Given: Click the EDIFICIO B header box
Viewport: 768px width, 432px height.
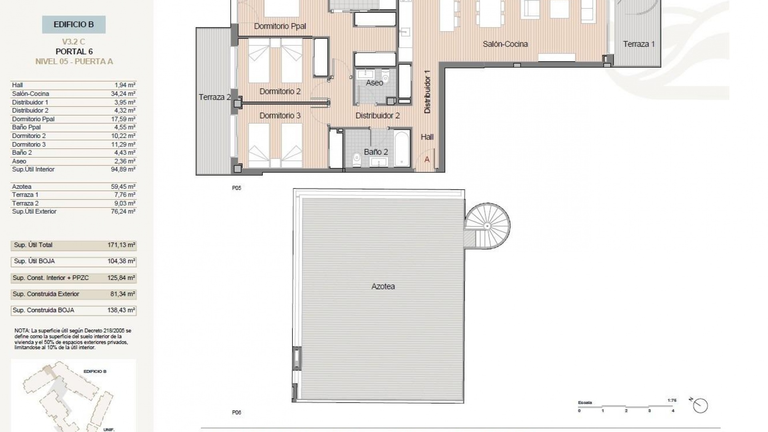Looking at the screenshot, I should tap(74, 24).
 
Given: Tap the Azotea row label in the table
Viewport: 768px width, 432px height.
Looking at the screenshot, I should tap(22, 186).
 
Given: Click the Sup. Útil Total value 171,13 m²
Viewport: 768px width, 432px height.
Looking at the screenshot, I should tap(121, 245).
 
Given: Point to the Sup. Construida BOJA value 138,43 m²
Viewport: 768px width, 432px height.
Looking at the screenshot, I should tap(121, 310).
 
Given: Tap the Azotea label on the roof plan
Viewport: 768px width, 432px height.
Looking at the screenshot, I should tap(383, 286).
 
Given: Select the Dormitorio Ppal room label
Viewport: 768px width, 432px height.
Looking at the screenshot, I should tap(280, 26).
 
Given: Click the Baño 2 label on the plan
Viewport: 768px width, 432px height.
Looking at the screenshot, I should tap(376, 152).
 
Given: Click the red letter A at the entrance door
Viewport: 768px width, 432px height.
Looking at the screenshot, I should tap(427, 160).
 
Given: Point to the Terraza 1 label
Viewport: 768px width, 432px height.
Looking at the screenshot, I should tap(639, 44).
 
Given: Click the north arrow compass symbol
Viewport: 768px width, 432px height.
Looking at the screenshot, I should tap(701, 406).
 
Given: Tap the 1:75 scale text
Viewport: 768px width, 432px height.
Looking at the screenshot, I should tap(672, 400).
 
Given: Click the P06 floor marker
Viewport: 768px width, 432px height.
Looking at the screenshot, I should tap(236, 412).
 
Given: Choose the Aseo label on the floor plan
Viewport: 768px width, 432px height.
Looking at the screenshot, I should tap(374, 83).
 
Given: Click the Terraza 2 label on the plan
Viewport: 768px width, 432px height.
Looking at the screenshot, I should tap(215, 97).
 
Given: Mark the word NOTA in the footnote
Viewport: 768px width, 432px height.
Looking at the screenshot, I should tap(21, 331).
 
